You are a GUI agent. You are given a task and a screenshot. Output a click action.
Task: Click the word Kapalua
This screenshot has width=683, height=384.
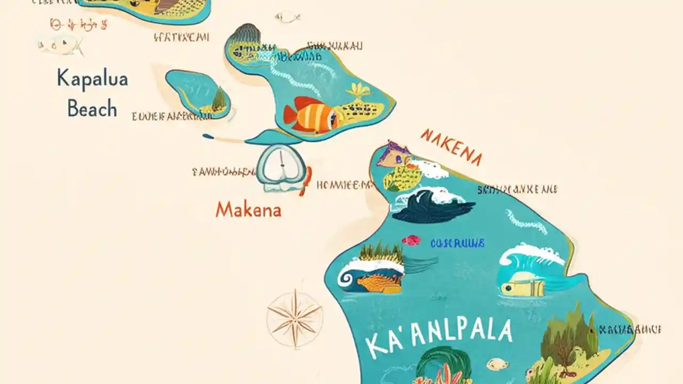tap(92, 79)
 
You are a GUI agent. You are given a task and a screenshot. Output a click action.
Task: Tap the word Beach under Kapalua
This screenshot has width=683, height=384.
tap(92, 109)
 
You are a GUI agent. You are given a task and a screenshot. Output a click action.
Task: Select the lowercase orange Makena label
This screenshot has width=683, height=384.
tap(248, 210)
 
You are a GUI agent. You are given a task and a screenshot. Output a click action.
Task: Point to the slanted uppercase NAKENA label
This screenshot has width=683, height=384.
tap(451, 147)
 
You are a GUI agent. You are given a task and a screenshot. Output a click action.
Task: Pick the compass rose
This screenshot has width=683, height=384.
tap(295, 318)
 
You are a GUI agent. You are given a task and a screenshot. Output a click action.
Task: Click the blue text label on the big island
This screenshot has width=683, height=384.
tap(457, 243)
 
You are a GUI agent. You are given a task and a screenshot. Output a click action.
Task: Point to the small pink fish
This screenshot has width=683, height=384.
tap(411, 241)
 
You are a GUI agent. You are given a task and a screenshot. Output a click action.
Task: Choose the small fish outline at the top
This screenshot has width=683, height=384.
tap(288, 17)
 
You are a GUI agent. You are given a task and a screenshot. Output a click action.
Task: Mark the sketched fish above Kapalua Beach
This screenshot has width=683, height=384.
tap(60, 45)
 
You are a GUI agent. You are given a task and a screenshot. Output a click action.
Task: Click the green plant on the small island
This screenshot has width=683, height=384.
tap(219, 99)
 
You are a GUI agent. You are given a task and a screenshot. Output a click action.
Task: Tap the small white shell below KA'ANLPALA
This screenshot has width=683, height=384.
tap(497, 364)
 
